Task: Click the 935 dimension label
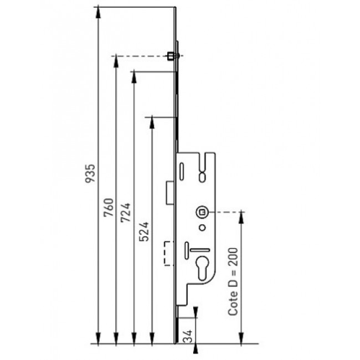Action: point(90,173)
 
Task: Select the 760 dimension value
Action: point(109,208)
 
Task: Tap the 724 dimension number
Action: point(126,213)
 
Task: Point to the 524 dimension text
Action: point(144,232)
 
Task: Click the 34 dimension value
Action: point(188,336)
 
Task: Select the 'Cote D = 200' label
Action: point(233,281)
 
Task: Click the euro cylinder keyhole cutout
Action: point(203,268)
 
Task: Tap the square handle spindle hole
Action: point(202,212)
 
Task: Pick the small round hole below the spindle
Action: point(202,228)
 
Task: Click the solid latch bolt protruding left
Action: point(170,192)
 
